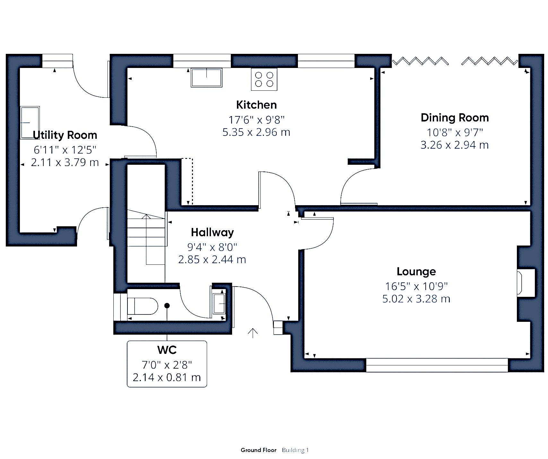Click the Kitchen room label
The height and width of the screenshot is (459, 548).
click(256, 105)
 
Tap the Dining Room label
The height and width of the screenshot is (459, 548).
click(455, 118)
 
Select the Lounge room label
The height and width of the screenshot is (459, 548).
click(416, 272)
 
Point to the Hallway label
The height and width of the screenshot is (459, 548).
click(212, 232)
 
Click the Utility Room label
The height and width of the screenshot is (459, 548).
click(65, 135)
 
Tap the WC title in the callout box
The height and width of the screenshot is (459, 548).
click(167, 350)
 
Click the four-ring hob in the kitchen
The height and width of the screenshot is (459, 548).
click(264, 79)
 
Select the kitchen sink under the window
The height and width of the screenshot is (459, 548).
click(206, 77)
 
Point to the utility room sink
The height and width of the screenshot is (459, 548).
click(30, 123)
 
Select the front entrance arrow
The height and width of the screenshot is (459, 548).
click(253, 333)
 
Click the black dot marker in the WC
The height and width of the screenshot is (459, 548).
click(167, 306)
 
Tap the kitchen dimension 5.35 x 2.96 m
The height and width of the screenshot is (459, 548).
click(256, 132)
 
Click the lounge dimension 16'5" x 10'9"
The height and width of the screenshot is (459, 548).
click(416, 286)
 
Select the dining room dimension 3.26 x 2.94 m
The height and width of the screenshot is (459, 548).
click(455, 145)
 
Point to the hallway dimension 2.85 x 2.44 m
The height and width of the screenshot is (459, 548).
click(212, 260)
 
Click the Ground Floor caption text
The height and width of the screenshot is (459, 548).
click(258, 450)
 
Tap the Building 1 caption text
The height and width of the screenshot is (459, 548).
click(295, 450)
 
